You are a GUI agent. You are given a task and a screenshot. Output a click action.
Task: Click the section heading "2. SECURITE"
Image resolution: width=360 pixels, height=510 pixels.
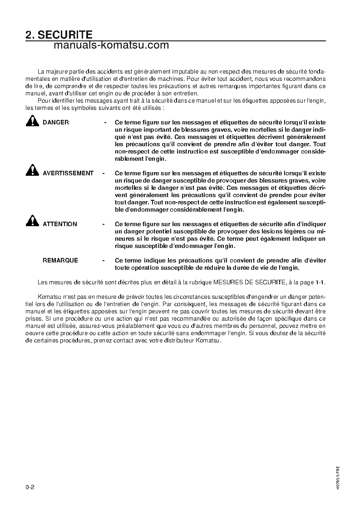pyautogui.click(x=59, y=35)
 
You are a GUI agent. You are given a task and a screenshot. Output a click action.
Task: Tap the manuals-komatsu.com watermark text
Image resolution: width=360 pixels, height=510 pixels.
pyautogui.click(x=111, y=45)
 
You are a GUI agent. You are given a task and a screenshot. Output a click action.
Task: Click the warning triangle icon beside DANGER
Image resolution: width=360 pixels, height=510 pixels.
pyautogui.click(x=32, y=121)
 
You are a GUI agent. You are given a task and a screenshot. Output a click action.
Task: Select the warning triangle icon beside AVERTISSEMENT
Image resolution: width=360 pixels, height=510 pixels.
pyautogui.click(x=32, y=171)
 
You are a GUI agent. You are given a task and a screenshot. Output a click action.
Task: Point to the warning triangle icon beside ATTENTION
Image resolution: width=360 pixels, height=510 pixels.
pyautogui.click(x=32, y=222)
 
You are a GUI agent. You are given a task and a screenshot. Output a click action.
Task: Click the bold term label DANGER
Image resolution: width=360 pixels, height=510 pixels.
pyautogui.click(x=56, y=123)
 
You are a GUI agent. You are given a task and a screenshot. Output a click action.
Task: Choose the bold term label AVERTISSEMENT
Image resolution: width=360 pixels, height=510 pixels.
pyautogui.click(x=68, y=173)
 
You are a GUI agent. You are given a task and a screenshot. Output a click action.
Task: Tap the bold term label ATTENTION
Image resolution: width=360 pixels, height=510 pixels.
pyautogui.click(x=60, y=224)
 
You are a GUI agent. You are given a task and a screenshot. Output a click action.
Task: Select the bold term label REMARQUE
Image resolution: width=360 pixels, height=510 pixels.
pyautogui.click(x=60, y=261)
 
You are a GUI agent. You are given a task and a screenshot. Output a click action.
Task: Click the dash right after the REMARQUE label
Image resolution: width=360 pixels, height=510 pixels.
pyautogui.click(x=104, y=261)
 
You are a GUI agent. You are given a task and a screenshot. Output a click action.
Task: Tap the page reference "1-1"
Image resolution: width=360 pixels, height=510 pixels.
pyautogui.click(x=320, y=282)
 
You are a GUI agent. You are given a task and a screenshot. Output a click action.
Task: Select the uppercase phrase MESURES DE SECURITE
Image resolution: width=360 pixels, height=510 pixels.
pyautogui.click(x=249, y=282)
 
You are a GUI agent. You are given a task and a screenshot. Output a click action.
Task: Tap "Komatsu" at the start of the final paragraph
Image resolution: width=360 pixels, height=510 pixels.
pyautogui.click(x=48, y=297)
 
